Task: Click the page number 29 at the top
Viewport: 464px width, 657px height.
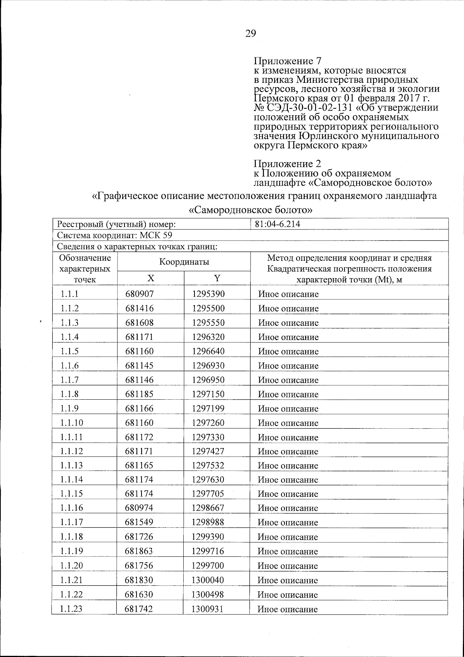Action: click(251, 34)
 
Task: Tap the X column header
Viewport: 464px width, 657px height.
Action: click(151, 278)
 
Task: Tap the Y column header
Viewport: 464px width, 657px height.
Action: click(217, 278)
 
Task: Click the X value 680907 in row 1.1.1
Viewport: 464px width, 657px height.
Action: click(140, 294)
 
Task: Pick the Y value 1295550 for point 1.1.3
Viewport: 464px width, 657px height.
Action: click(208, 323)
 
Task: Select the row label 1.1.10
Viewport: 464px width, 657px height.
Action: click(72, 423)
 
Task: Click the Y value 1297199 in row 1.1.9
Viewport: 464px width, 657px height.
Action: click(208, 409)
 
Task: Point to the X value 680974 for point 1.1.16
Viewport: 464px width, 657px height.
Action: click(140, 508)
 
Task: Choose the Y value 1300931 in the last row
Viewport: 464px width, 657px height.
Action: click(208, 609)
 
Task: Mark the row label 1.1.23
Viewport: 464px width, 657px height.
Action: click(72, 609)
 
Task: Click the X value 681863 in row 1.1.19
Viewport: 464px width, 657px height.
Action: click(140, 551)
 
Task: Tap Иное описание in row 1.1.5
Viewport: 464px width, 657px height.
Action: click(288, 352)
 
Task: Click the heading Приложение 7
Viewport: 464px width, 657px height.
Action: click(288, 61)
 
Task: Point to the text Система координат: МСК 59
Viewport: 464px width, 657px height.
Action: click(115, 236)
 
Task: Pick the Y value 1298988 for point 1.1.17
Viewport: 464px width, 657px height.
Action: click(208, 522)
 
